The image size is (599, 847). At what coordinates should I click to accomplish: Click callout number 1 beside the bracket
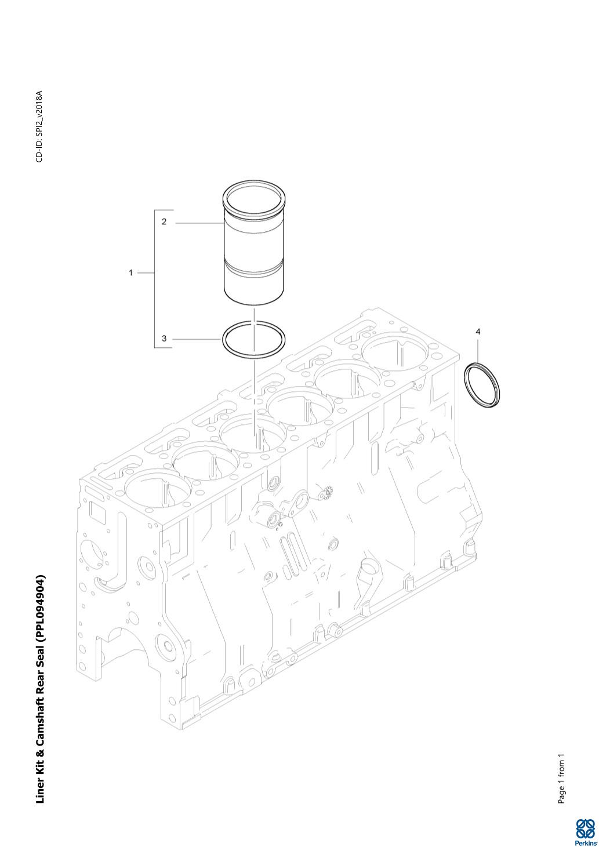click(x=131, y=272)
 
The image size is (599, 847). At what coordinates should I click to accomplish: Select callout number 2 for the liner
click(x=164, y=221)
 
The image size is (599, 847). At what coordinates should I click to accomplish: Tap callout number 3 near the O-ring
click(x=164, y=339)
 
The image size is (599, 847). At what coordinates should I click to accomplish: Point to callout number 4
click(x=478, y=332)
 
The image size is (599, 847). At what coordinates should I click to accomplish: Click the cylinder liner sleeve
click(x=254, y=242)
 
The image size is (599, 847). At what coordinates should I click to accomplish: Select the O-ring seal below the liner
click(x=222, y=339)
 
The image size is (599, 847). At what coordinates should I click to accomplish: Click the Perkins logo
click(x=586, y=830)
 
